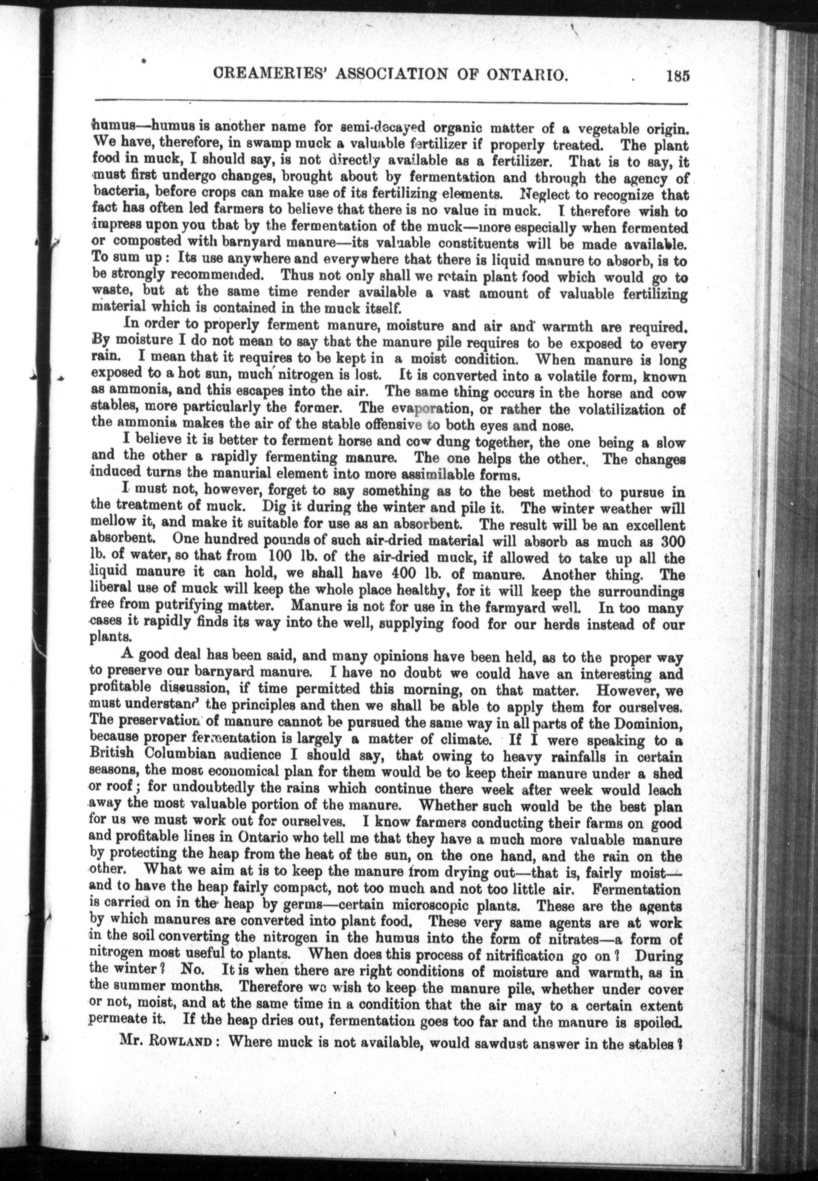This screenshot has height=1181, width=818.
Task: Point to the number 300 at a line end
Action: click(672, 542)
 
